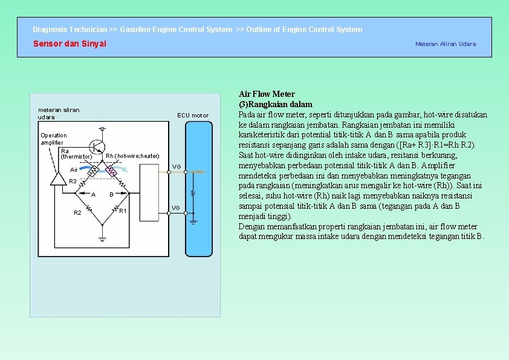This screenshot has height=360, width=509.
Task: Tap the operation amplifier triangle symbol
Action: point(59,178)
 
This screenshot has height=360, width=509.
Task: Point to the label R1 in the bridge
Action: point(123,211)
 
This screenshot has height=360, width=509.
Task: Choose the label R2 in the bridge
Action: point(77,213)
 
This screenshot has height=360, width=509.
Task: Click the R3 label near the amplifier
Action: point(73,182)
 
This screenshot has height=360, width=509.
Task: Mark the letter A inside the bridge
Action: point(93,195)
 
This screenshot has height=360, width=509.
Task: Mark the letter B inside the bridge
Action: point(111,195)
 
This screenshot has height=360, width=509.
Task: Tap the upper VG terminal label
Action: point(176,166)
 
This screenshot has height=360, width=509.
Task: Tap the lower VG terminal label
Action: point(175,208)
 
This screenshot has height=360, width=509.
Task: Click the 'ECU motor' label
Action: point(192,115)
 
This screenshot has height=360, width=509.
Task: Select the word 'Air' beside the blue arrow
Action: point(74,170)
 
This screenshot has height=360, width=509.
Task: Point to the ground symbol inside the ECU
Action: point(193,221)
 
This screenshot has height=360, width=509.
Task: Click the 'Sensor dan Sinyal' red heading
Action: point(70,44)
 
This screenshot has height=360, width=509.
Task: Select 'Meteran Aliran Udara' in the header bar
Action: point(445,44)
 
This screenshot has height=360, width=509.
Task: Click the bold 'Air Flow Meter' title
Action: point(267,94)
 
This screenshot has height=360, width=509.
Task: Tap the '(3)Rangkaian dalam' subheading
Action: point(276,104)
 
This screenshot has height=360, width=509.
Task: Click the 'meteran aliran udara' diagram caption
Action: point(59,113)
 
